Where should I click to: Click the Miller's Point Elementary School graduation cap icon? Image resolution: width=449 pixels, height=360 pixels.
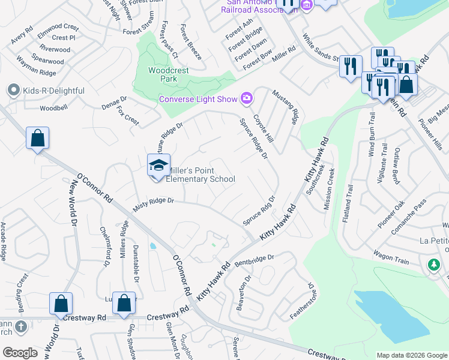(159, 166)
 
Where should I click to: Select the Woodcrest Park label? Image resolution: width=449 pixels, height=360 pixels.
(169, 74)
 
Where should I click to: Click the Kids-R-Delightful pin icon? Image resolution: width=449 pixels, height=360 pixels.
(13, 91)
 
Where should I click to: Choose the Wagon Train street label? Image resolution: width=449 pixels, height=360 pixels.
(391, 257)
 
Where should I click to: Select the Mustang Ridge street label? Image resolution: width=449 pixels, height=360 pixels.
(286, 107)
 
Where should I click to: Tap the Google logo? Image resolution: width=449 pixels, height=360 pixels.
(20, 353)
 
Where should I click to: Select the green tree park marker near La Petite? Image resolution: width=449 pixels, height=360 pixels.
(434, 265)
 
